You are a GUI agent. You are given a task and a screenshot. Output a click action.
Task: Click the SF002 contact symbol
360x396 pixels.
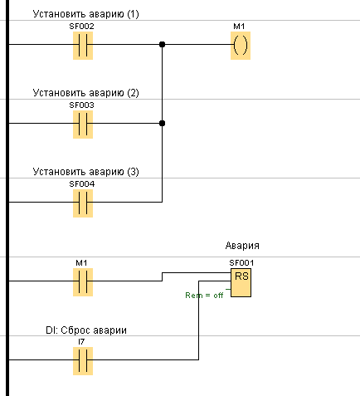[x=83, y=46]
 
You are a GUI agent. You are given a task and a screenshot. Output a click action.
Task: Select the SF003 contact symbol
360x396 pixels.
[x=83, y=125]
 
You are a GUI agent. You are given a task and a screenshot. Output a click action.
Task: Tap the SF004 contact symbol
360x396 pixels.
[x=83, y=203]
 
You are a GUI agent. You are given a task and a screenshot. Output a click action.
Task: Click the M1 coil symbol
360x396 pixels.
[x=241, y=46]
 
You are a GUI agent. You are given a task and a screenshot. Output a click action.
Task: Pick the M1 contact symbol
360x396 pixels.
[x=83, y=282]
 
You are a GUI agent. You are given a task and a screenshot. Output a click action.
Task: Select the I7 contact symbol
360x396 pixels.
[x=83, y=361]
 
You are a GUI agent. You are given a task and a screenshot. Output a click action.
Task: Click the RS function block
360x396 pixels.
[x=241, y=282]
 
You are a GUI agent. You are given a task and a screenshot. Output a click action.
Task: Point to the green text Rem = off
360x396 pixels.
[x=204, y=296]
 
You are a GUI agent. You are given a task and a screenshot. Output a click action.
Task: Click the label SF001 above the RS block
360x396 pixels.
[x=241, y=263]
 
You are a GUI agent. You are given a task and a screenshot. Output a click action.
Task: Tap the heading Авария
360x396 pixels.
[x=242, y=246]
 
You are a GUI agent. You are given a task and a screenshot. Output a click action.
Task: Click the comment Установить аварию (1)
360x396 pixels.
[x=85, y=14]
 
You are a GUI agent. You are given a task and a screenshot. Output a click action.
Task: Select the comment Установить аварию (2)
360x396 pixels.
[x=85, y=93]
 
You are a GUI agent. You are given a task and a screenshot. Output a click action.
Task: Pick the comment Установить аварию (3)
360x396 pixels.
[x=85, y=172]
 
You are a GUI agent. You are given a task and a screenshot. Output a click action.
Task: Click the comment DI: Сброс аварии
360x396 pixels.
[x=86, y=330]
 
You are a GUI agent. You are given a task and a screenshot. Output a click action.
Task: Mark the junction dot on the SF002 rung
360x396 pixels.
[x=163, y=44]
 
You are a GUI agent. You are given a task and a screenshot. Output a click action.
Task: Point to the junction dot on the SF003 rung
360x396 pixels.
[x=163, y=123]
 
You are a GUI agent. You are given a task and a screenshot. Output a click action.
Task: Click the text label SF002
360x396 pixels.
[x=81, y=27]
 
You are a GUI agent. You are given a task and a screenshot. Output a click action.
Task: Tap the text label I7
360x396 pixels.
[x=81, y=342]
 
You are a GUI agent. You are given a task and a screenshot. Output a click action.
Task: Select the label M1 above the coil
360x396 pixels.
[x=239, y=27]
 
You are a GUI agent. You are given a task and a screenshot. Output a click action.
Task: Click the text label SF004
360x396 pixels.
[x=82, y=184]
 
